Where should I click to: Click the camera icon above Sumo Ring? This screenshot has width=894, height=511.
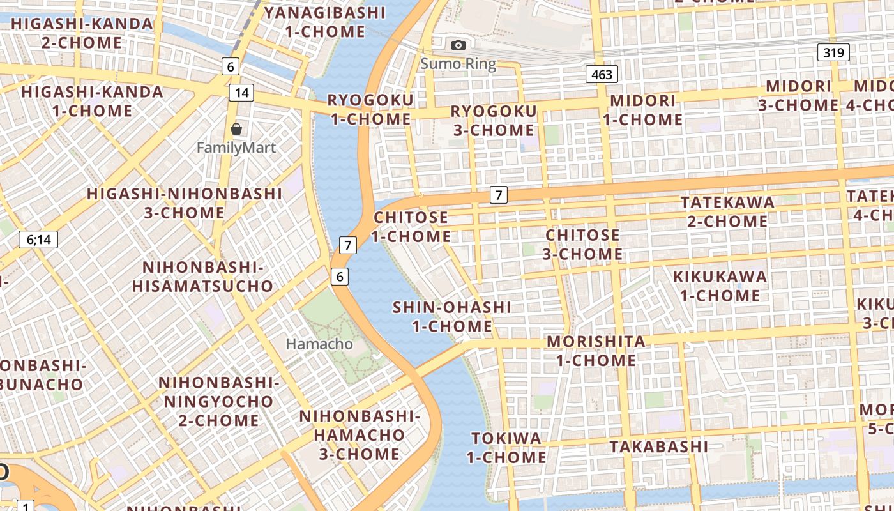pos(458,45)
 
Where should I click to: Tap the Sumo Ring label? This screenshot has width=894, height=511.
pos(458,64)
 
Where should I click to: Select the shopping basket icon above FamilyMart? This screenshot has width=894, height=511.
pos(236,129)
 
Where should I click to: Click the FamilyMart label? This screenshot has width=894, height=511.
pos(236,148)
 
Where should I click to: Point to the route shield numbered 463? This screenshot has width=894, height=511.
pos(602,75)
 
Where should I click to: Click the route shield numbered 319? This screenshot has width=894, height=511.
pos(834,52)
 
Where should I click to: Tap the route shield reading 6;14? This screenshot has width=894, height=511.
pos(38,240)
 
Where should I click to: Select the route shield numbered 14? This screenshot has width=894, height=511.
pos(241,93)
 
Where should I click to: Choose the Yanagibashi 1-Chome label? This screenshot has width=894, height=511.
pos(325,22)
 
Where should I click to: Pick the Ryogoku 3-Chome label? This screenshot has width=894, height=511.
pos(494,121)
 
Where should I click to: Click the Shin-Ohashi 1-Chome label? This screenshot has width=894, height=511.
pos(451,317)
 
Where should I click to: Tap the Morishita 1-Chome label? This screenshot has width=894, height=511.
pos(596,351)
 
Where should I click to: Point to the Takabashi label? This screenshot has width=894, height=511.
pos(659,446)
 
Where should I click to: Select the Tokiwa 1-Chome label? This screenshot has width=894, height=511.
pos(506,448)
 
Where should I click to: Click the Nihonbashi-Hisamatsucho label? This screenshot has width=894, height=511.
pos(203,277)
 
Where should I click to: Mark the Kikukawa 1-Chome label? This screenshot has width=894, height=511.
pos(720,286)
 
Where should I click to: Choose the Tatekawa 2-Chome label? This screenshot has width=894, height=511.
pos(727,212)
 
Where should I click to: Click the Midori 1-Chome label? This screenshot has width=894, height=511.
pos(643,110)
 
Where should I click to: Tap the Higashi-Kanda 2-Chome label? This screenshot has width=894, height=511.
pos(82,33)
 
